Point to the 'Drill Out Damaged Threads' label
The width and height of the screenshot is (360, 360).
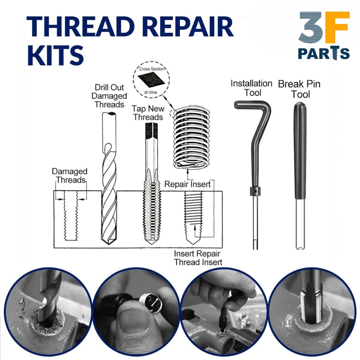pos(109,96)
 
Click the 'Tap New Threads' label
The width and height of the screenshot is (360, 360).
pos(147,113)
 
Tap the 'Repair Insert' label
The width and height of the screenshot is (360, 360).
pos(188,184)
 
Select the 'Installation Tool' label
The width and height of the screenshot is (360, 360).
pos(251,88)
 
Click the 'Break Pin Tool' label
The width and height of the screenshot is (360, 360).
pos(299,89)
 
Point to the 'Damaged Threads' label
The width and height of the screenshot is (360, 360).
pos(70,176)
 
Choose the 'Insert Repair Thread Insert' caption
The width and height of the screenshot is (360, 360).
pos(198,258)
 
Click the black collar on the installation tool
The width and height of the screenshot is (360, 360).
pos(255,192)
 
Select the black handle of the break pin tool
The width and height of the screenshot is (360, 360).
pos(300,150)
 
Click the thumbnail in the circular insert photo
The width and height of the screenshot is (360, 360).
pos(132,322)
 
